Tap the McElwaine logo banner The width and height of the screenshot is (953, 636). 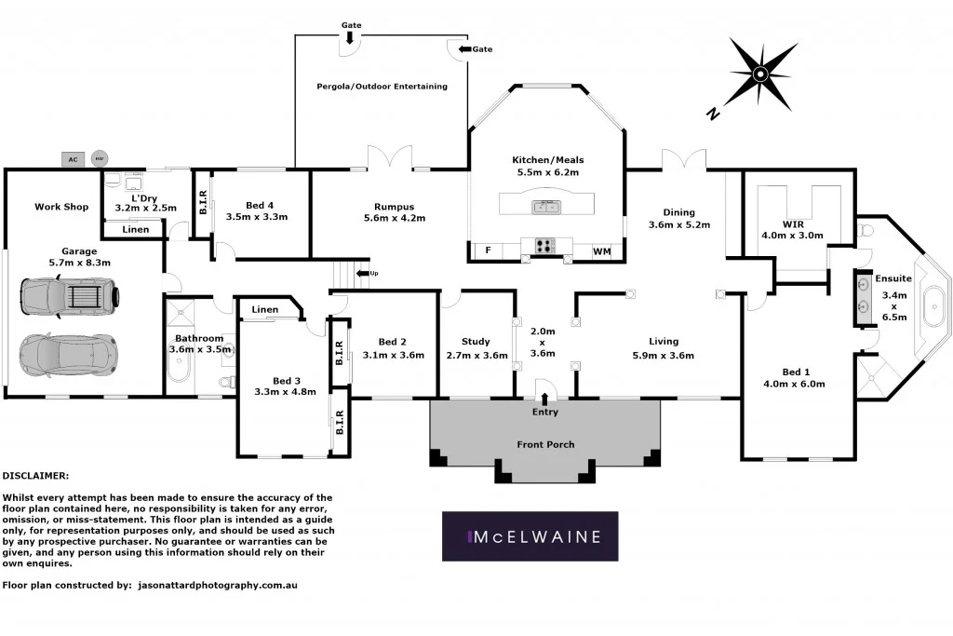point(530,536)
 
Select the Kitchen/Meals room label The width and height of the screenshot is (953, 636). point(548,160)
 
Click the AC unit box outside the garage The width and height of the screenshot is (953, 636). point(73,159)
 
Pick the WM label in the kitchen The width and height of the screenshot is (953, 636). point(601,250)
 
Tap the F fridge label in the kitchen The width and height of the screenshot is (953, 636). point(488,250)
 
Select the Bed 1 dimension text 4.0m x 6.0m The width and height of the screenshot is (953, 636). point(794,383)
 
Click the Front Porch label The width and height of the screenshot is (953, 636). point(545,444)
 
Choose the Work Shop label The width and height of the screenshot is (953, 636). point(61,207)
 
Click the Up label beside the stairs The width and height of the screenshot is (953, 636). point(374,273)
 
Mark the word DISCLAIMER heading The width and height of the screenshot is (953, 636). point(43,476)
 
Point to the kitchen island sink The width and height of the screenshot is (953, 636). point(545,207)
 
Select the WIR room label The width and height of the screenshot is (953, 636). point(780,223)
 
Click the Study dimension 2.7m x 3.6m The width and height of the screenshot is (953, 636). point(477,355)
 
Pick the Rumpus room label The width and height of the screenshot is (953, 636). point(394,207)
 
